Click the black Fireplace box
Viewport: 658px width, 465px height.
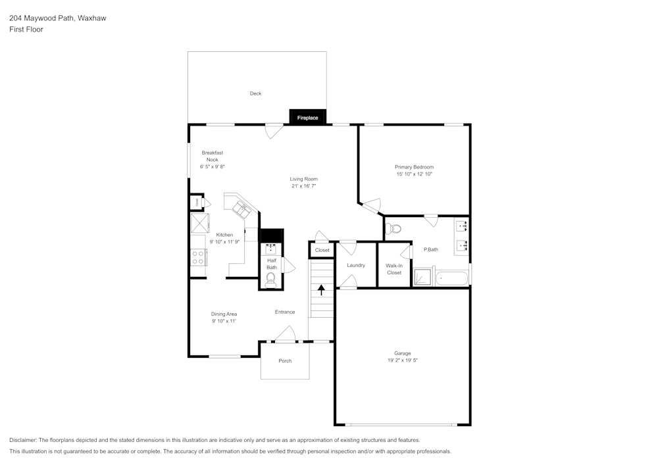pyautogui.click(x=307, y=117)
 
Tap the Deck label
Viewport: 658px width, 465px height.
pyautogui.click(x=255, y=93)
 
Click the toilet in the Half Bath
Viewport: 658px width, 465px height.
pyautogui.click(x=270, y=280)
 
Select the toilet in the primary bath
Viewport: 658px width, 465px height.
pyautogui.click(x=394, y=229)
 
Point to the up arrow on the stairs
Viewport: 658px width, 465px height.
pyautogui.click(x=321, y=289)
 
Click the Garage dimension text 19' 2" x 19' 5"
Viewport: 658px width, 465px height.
pyautogui.click(x=403, y=360)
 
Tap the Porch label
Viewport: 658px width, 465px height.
pyautogui.click(x=285, y=360)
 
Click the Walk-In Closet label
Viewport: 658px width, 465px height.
pyautogui.click(x=393, y=268)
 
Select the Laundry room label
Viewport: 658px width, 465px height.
pyautogui.click(x=356, y=265)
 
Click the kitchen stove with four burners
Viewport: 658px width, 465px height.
pyautogui.click(x=198, y=257)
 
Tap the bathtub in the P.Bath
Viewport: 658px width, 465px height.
pyautogui.click(x=453, y=278)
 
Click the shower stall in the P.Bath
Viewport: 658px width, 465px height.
pyautogui.click(x=423, y=277)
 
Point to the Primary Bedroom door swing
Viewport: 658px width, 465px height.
pyautogui.click(x=372, y=207)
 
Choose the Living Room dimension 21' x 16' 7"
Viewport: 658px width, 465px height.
pyautogui.click(x=304, y=186)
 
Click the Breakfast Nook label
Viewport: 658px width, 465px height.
pyautogui.click(x=212, y=159)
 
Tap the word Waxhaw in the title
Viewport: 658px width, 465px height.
pyautogui.click(x=91, y=18)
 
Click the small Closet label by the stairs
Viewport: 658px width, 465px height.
pyautogui.click(x=322, y=250)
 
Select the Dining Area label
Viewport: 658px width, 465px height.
pyautogui.click(x=224, y=314)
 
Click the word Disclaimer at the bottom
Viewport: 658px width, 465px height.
pyautogui.click(x=23, y=439)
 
